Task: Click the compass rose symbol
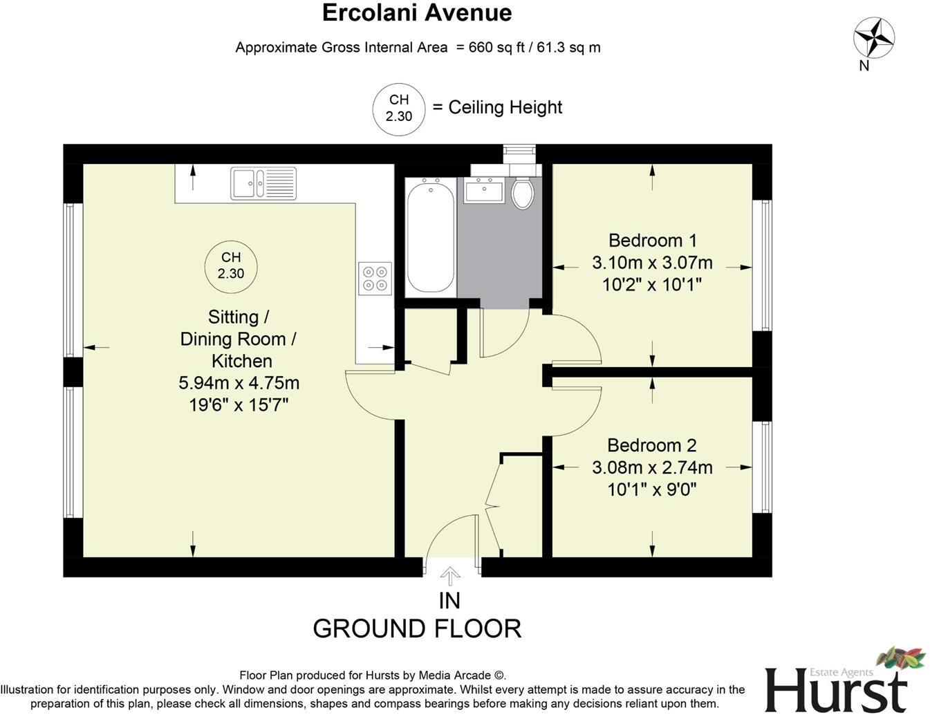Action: click(x=874, y=37)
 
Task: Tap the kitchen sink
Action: click(x=263, y=183)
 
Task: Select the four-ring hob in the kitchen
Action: click(x=375, y=279)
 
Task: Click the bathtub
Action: click(x=431, y=235)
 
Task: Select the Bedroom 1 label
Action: click(x=652, y=241)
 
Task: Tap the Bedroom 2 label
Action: click(x=651, y=445)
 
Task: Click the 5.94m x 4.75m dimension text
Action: click(x=239, y=382)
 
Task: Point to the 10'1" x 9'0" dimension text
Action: click(x=651, y=490)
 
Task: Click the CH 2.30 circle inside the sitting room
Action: click(x=231, y=266)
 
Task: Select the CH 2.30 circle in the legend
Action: click(x=399, y=109)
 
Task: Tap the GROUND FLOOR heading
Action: click(x=417, y=628)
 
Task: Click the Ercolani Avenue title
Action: click(x=418, y=12)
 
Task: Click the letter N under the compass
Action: click(x=864, y=66)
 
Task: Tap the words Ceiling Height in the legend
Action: click(x=505, y=107)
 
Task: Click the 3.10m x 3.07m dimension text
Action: click(x=651, y=263)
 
